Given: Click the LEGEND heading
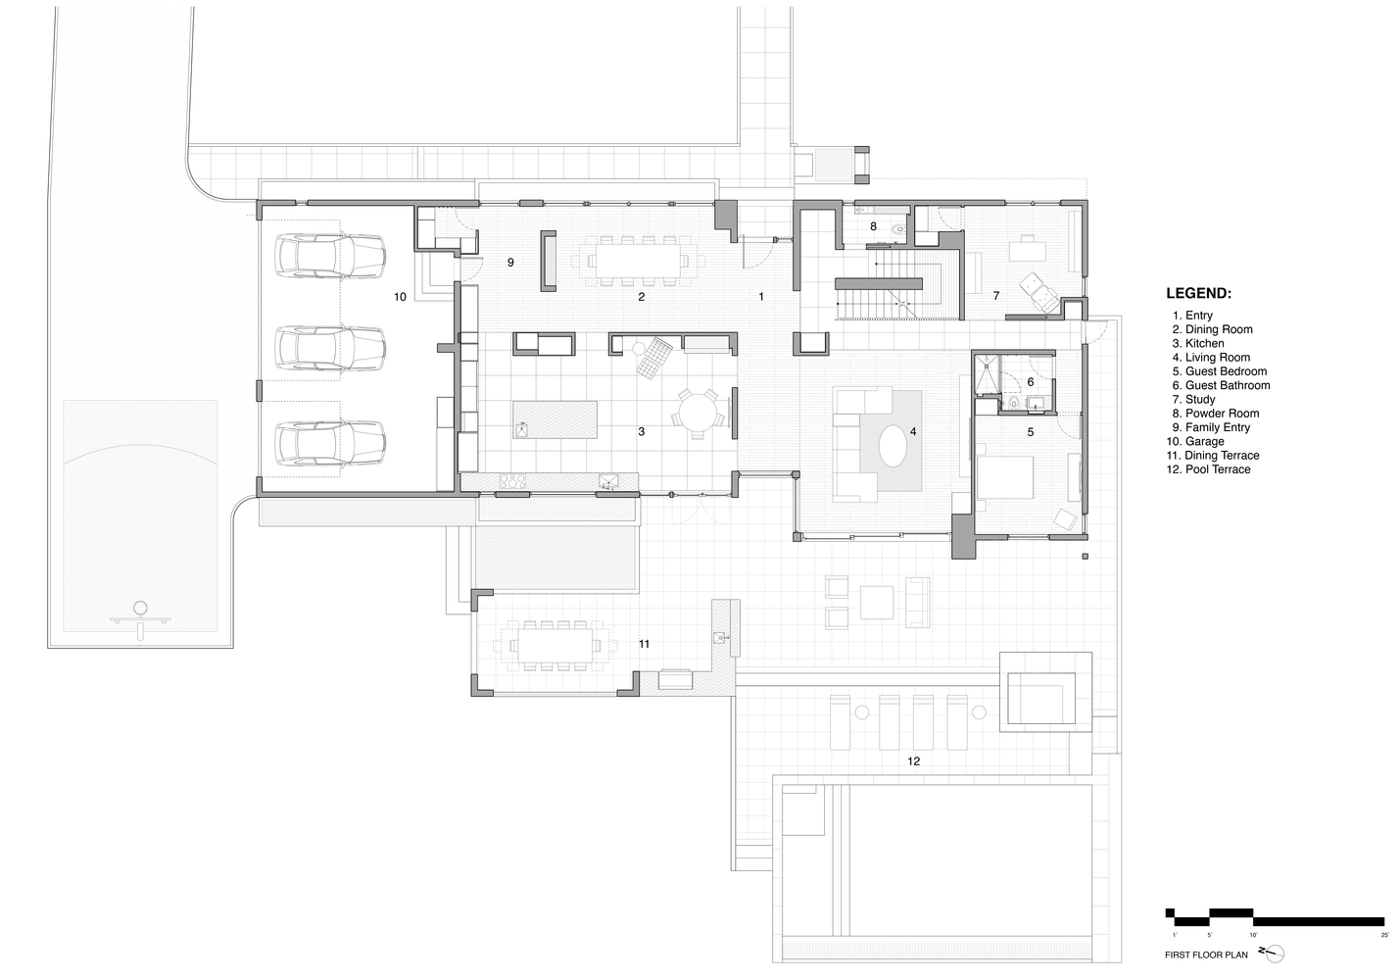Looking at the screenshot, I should pyautogui.click(x=1198, y=293).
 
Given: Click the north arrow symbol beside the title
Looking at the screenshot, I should pyautogui.click(x=1271, y=953).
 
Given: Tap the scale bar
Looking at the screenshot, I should pyautogui.click(x=1275, y=918).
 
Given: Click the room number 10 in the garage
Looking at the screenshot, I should pyautogui.click(x=400, y=296).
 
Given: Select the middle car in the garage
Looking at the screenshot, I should pyautogui.click(x=330, y=349).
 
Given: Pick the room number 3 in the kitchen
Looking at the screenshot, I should pyautogui.click(x=642, y=431).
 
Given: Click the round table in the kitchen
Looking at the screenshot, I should pyautogui.click(x=700, y=411).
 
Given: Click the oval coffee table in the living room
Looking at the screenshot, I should pyautogui.click(x=893, y=449).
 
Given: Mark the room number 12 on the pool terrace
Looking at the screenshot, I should pyautogui.click(x=913, y=760).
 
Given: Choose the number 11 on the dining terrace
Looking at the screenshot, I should pyautogui.click(x=644, y=644).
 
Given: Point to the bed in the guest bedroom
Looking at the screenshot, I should pyautogui.click(x=1003, y=477).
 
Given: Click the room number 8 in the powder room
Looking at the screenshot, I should pyautogui.click(x=873, y=226).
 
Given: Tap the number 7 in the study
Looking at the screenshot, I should pyautogui.click(x=995, y=295).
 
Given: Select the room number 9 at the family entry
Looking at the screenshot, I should pyautogui.click(x=510, y=263).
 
